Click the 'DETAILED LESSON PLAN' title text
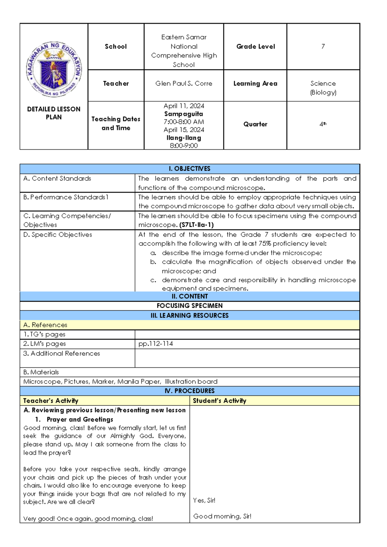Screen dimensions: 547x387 point(54,113)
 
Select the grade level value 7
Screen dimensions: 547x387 point(323,46)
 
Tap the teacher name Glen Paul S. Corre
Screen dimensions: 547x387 point(184,84)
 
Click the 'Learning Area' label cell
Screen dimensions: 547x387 point(255,84)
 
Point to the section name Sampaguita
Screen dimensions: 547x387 point(184,114)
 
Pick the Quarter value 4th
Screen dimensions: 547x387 point(323,124)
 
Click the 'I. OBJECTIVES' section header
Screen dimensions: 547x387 point(190,169)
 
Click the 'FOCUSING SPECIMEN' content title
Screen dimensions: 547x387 point(190,305)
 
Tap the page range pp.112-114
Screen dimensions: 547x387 point(156,344)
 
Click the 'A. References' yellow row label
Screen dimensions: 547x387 point(45,325)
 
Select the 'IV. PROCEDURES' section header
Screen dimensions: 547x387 point(190,391)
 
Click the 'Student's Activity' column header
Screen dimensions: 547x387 point(220,401)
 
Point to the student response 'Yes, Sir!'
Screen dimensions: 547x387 point(204,501)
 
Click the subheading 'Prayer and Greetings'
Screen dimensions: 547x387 point(80,419)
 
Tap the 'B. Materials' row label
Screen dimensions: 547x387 point(41,372)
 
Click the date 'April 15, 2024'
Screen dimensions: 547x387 point(184,130)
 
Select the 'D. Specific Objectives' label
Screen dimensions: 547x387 point(58,235)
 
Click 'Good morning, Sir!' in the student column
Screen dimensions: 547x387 point(222,516)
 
